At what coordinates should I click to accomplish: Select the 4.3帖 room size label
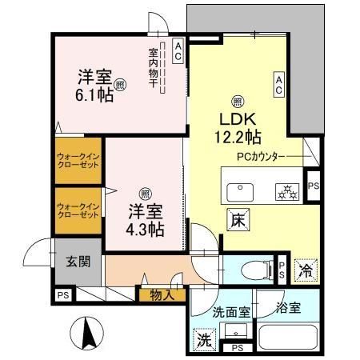[x=146, y=229]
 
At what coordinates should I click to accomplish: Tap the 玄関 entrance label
[x=78, y=261]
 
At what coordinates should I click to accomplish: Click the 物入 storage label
[x=162, y=294]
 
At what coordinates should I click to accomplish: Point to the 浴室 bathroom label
[x=288, y=308]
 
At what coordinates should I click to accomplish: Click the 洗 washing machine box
[x=202, y=340]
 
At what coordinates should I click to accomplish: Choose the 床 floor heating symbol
[x=238, y=217]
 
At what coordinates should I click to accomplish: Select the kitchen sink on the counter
[x=240, y=192]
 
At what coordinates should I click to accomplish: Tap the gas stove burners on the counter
[x=286, y=191]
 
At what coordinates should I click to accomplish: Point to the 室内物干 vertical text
[x=152, y=68]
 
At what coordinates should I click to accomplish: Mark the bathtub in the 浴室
[x=288, y=336]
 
